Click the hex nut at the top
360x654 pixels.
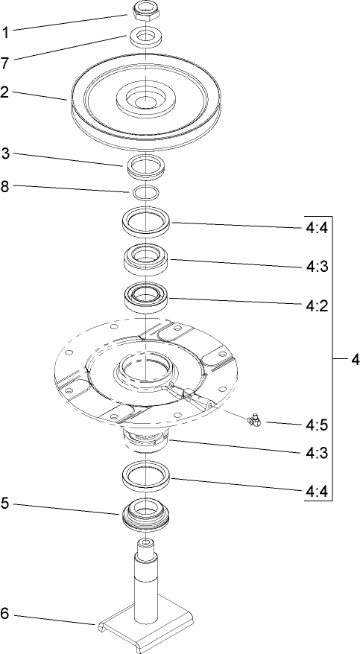point(145,10)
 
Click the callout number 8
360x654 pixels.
point(5,187)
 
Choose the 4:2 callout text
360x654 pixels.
point(316,305)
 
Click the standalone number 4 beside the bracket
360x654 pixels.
point(355,360)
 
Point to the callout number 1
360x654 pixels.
point(5,32)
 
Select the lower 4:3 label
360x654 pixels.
point(316,451)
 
